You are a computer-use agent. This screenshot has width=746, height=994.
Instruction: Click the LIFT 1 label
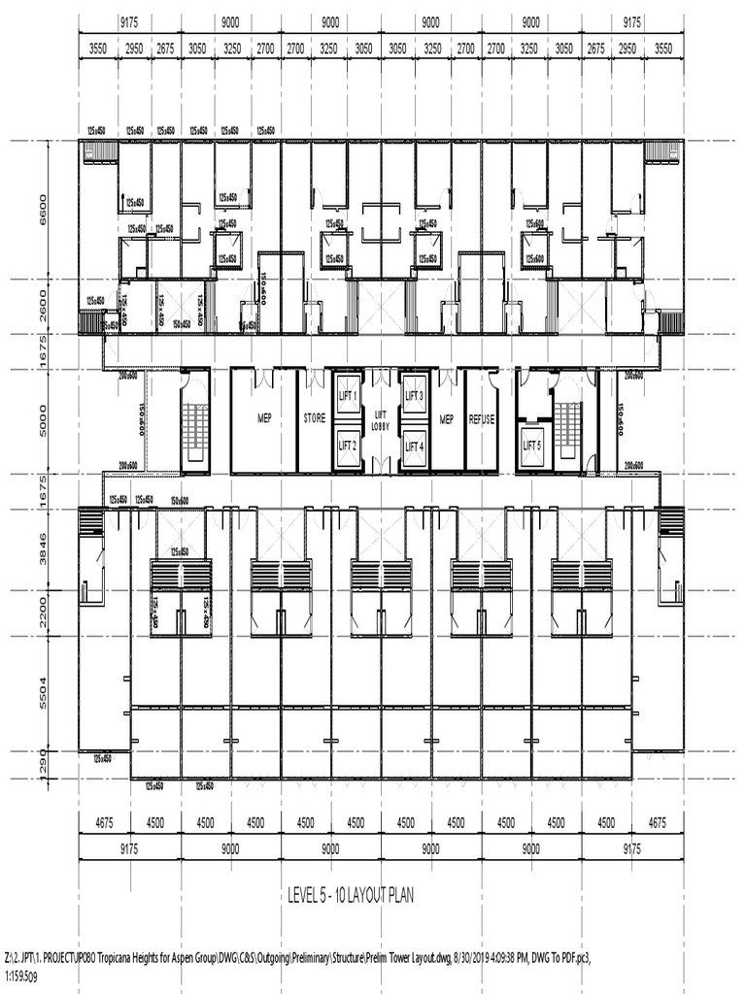tap(348, 396)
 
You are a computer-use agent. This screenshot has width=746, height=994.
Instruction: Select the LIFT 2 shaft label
tap(348, 446)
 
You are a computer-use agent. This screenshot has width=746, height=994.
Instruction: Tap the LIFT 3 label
tap(414, 396)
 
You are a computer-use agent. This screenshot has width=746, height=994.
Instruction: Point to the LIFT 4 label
tap(414, 447)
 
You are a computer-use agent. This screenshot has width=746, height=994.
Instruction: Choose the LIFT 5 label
tap(532, 446)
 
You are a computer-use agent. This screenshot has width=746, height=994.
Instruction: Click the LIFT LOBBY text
tap(381, 420)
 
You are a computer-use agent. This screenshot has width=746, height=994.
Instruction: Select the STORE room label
tap(314, 420)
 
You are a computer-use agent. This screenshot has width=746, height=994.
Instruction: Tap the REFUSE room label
tap(482, 420)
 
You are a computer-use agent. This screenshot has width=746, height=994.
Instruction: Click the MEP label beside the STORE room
tap(264, 420)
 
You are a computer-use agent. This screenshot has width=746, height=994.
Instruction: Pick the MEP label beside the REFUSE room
tap(447, 420)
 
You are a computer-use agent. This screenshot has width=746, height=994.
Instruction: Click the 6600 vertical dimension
tap(41, 210)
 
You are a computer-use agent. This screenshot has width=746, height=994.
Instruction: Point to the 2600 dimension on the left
tap(41, 308)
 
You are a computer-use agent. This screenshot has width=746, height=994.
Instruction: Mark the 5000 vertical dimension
tap(41, 420)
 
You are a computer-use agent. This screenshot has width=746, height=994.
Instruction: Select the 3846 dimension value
tap(41, 550)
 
